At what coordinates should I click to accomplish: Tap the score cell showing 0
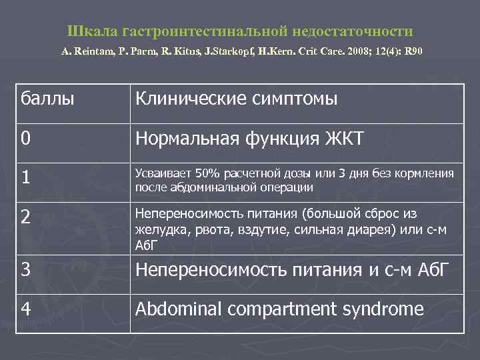click(25, 139)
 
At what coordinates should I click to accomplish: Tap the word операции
click(286, 187)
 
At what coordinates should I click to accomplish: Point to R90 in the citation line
click(414, 51)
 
